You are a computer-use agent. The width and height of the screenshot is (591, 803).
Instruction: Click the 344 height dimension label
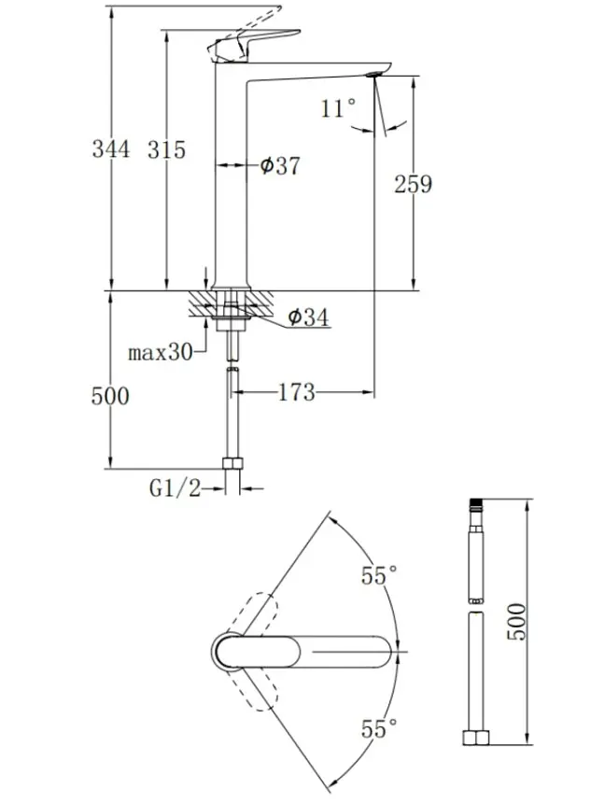[x=110, y=149]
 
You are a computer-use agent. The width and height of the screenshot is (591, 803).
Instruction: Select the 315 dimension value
[x=166, y=149]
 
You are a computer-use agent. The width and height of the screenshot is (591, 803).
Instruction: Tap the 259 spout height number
[x=413, y=184]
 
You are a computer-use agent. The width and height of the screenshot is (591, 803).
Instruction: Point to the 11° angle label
[x=338, y=108]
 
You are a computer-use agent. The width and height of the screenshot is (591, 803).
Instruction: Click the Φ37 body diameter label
[x=279, y=165]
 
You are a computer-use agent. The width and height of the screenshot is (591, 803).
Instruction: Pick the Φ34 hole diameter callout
[x=308, y=317]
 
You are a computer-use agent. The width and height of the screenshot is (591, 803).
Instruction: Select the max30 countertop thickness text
[x=160, y=352]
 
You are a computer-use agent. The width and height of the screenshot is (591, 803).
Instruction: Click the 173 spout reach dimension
[x=297, y=393]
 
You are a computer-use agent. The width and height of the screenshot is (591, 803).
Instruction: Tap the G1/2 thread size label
[x=175, y=488]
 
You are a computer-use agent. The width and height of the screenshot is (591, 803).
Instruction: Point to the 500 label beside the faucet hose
[x=110, y=396]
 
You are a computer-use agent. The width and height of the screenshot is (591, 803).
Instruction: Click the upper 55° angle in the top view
[x=379, y=575]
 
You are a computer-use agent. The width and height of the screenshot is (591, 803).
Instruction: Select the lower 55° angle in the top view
[x=379, y=728]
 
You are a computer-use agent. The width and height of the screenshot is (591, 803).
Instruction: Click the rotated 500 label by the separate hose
[x=516, y=621]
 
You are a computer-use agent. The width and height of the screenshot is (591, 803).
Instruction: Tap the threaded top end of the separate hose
[x=476, y=504]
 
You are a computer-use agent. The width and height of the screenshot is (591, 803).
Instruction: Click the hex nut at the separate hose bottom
[x=476, y=738]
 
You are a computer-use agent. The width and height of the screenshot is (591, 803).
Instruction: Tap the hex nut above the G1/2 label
[x=232, y=463]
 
